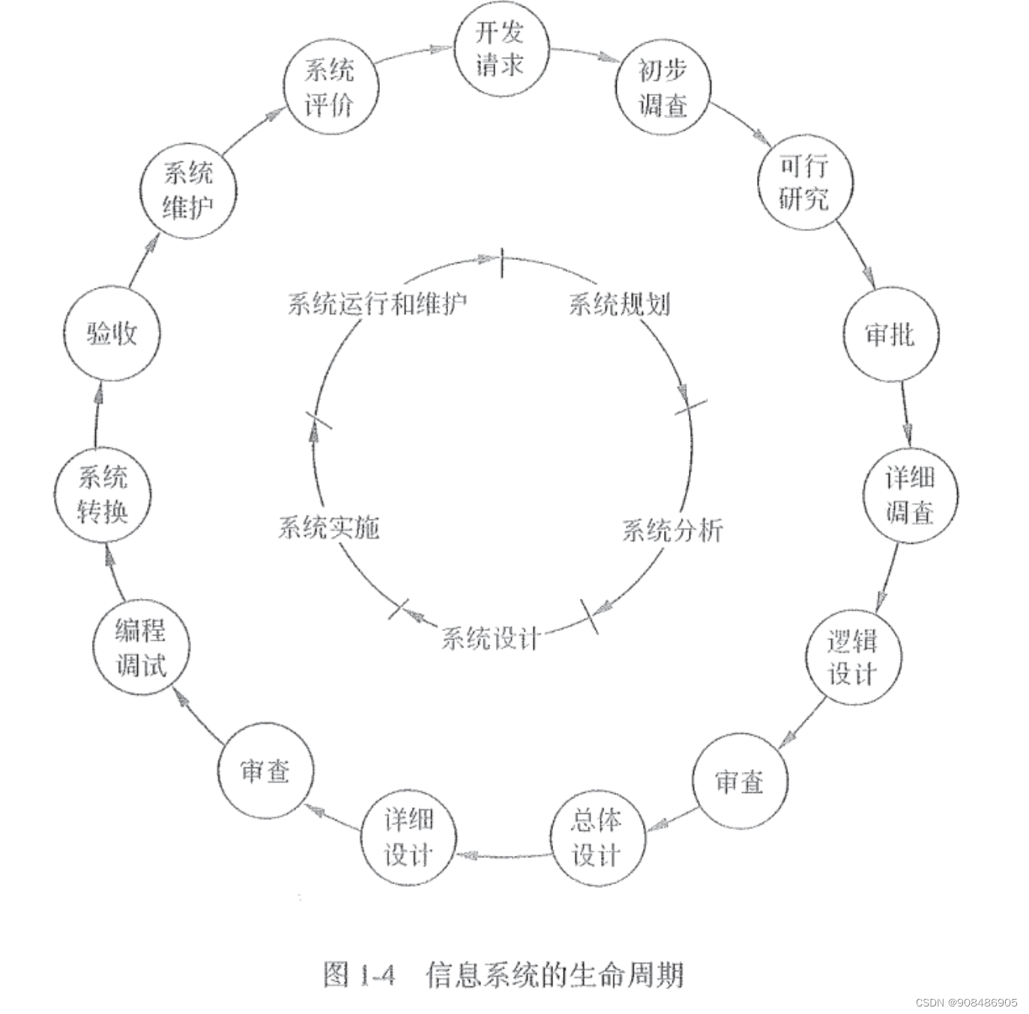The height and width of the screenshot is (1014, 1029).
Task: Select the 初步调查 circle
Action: [x=663, y=87]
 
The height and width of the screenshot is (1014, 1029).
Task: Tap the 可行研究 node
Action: [x=804, y=182]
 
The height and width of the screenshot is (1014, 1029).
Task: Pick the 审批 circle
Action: [x=890, y=334]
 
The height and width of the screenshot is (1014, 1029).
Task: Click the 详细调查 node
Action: [x=910, y=495]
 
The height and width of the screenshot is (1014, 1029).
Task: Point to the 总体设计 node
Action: [x=597, y=837]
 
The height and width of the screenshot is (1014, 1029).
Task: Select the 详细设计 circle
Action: [x=408, y=837]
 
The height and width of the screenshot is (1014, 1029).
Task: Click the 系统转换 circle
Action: [x=103, y=495]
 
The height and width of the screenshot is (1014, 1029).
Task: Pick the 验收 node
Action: [x=112, y=334]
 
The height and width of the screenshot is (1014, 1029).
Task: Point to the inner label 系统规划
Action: [x=619, y=304]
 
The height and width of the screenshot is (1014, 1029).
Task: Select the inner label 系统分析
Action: [x=672, y=531]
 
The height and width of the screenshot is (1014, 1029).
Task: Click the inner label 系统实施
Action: [x=329, y=528]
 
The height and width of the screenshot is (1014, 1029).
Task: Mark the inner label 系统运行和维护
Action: [x=378, y=304]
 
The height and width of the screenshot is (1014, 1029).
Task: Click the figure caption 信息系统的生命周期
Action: [x=555, y=974]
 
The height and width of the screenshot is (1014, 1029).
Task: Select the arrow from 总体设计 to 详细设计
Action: [x=504, y=854]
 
